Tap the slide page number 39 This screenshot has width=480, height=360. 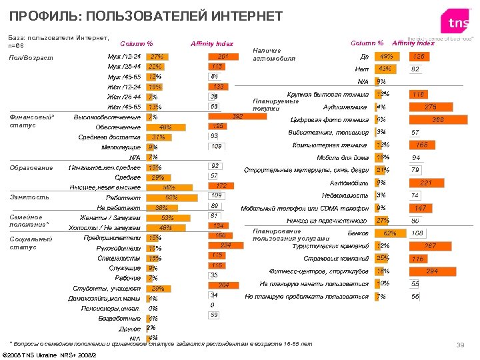(x=459, y=344)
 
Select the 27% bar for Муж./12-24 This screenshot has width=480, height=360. (x=156, y=57)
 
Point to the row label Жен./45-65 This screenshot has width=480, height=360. (x=123, y=107)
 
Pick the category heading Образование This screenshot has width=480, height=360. (x=31, y=167)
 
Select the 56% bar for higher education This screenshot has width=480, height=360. (x=164, y=187)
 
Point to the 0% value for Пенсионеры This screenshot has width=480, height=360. (x=153, y=308)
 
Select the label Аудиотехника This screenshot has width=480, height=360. (x=345, y=107)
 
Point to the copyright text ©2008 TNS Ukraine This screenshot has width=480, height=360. (x=51, y=354)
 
